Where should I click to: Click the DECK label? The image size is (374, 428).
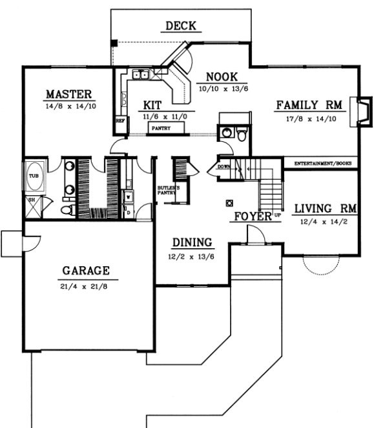click(x=181, y=26)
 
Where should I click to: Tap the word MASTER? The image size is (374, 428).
click(x=68, y=95)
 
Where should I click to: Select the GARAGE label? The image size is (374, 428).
click(x=86, y=270)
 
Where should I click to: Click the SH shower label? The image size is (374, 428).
click(x=30, y=200)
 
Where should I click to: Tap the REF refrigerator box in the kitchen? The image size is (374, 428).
click(x=119, y=120)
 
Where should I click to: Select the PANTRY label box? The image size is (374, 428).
click(x=160, y=128)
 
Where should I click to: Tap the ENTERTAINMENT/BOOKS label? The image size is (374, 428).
click(x=322, y=164)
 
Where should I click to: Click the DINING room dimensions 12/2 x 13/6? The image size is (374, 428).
click(x=192, y=256)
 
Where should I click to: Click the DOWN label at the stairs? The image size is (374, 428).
click(x=224, y=166)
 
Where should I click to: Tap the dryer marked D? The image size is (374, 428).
click(x=128, y=211)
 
